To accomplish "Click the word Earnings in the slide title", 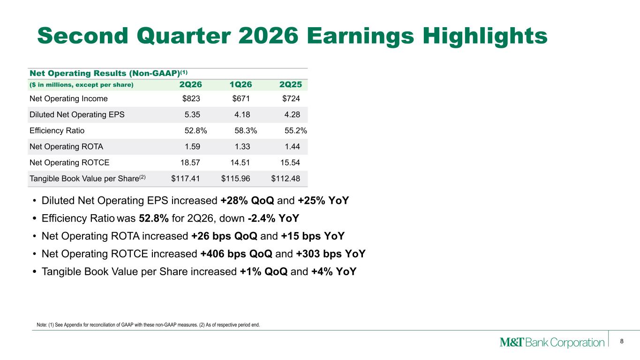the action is [x=360, y=36].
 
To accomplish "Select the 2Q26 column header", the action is [x=190, y=84].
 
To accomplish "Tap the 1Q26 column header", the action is [x=241, y=84].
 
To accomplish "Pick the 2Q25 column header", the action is [x=291, y=84].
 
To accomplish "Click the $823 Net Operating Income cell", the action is [x=191, y=98].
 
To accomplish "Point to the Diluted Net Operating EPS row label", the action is [x=77, y=114].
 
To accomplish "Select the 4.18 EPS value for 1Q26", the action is [x=242, y=114].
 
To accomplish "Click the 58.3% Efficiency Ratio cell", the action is [x=246, y=131].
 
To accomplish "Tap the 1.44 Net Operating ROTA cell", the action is [x=292, y=147].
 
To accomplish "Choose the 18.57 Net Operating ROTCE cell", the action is [x=190, y=163].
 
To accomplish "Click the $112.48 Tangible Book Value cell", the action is [x=286, y=179].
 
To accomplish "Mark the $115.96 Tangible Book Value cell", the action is [x=235, y=179].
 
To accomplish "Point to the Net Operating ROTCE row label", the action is [x=69, y=163].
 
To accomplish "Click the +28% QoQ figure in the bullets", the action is [x=248, y=201].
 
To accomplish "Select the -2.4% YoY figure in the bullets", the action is [x=273, y=218].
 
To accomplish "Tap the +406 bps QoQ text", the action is [x=236, y=254].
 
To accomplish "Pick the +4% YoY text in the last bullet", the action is [x=334, y=271].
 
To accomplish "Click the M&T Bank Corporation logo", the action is [x=552, y=342].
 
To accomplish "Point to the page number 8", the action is [x=622, y=341].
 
